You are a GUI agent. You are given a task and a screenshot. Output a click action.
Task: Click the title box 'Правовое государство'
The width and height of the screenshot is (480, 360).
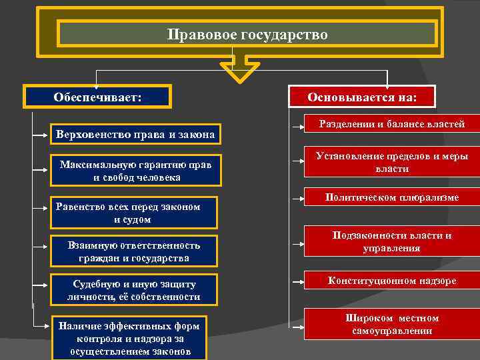247,34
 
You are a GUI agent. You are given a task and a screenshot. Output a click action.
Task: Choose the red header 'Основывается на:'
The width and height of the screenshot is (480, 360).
362,97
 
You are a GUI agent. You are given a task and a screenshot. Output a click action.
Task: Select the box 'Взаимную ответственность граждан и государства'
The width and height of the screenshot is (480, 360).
134,251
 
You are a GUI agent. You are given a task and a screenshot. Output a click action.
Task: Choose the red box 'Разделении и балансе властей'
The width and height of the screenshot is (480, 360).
391,125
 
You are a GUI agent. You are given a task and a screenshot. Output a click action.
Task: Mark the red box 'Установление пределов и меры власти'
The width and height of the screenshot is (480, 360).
391,162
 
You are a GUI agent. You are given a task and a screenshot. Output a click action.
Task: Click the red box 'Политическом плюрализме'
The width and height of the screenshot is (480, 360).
391,198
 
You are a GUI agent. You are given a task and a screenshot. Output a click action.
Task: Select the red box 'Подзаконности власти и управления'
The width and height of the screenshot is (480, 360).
391,241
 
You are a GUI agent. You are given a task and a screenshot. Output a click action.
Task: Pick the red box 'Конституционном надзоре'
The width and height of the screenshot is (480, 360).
391,281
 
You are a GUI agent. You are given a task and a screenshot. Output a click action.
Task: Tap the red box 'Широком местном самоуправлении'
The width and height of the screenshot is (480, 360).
391,325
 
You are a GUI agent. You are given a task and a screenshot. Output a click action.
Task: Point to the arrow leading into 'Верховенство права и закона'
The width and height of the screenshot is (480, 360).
41,135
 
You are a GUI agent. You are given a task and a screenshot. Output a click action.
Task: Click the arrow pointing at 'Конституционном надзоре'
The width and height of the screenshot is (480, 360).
295,281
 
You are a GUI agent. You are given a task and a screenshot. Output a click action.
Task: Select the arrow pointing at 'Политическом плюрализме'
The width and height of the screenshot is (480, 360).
295,199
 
